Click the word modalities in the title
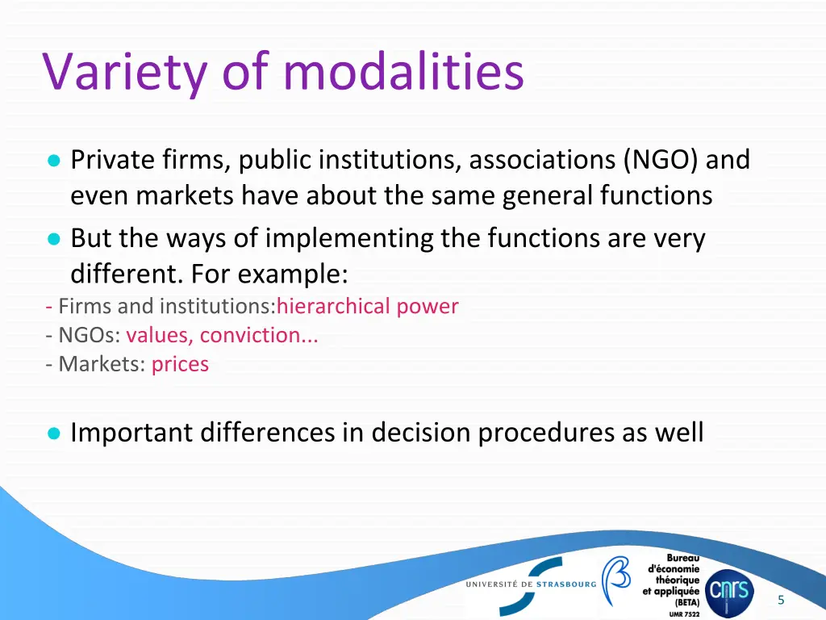pyautogui.click(x=403, y=71)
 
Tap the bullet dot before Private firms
pyautogui.click(x=53, y=161)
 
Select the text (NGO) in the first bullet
pyautogui.click(x=661, y=160)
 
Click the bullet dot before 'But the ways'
pyautogui.click(x=53, y=239)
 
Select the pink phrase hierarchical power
pyautogui.click(x=367, y=307)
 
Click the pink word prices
pyautogui.click(x=180, y=364)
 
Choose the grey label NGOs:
pyautogui.click(x=89, y=335)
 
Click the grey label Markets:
pyautogui.click(x=102, y=364)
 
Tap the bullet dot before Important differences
pyautogui.click(x=53, y=434)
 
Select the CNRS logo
pyautogui.click(x=728, y=592)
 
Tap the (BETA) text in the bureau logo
pyautogui.click(x=687, y=602)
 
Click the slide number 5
pyautogui.click(x=781, y=600)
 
